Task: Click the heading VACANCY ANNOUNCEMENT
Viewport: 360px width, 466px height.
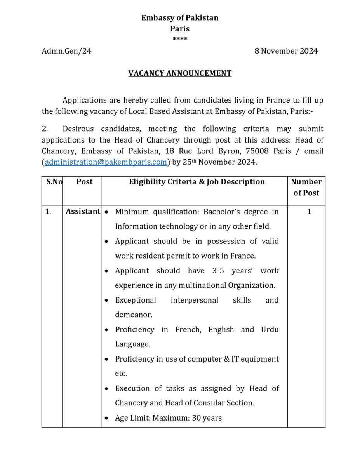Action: coord(180,73)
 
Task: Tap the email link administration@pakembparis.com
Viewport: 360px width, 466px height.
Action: coord(106,162)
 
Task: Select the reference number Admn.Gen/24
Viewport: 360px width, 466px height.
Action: coord(66,51)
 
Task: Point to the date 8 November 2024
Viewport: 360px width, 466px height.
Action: coord(286,51)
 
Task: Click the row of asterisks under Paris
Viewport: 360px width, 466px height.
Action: coord(180,39)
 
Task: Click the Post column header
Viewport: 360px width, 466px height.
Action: coord(85,182)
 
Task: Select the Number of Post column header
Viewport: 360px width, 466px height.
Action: coord(306,187)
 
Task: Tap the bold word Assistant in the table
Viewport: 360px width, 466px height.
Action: coord(83,212)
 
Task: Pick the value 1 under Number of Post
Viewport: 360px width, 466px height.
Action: coord(309,212)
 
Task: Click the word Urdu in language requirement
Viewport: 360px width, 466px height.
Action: coord(270,330)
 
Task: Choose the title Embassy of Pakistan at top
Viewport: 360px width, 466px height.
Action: coord(180,18)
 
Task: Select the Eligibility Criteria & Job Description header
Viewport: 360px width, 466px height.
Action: coord(197,182)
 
